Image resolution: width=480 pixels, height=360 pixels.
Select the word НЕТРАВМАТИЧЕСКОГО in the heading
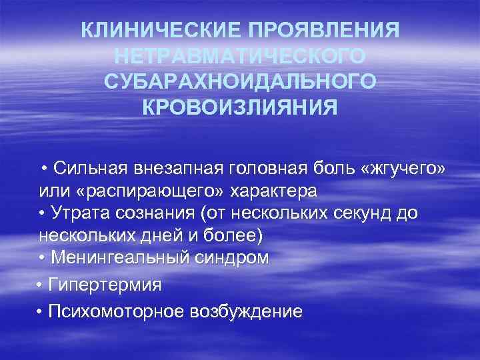click(x=240, y=56)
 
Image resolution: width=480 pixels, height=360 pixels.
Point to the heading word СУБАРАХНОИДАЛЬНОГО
click(x=240, y=81)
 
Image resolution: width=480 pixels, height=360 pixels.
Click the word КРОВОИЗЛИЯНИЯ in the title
click(x=240, y=107)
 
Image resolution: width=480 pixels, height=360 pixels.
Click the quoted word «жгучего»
click(x=402, y=166)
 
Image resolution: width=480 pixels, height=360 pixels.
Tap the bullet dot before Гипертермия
click(x=41, y=285)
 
